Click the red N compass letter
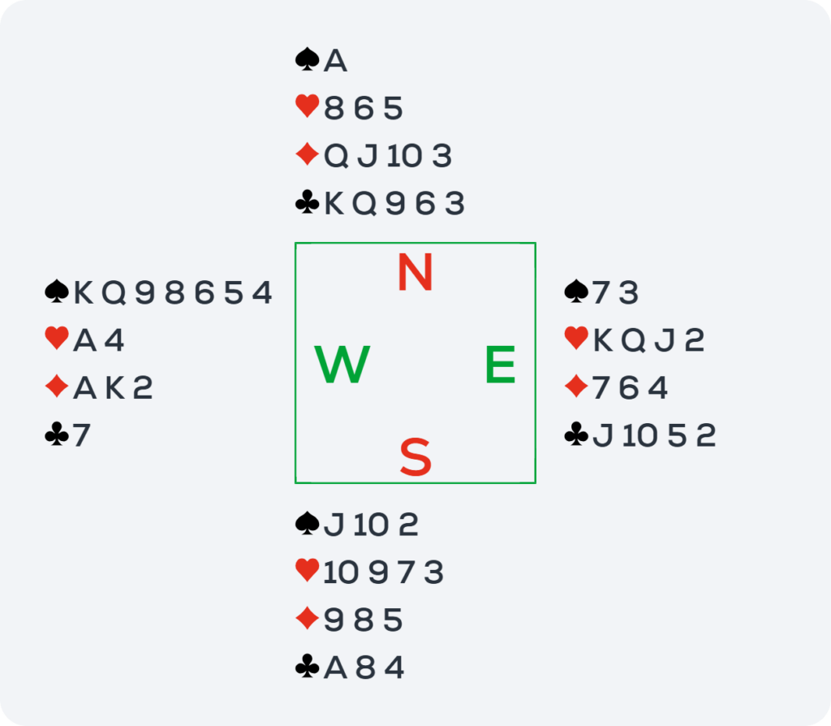(415, 272)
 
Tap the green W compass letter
(342, 364)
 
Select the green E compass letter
(500, 364)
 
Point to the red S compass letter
(415, 456)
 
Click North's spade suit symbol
(308, 59)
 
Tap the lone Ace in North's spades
(335, 60)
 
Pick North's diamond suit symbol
(308, 154)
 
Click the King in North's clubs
(334, 203)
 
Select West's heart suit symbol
(57, 339)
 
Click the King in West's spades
(84, 292)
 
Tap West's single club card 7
(82, 435)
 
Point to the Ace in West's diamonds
(84, 387)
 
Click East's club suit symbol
(577, 434)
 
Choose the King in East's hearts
(603, 340)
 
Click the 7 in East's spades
(601, 292)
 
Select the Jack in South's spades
(334, 525)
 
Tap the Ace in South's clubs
(335, 668)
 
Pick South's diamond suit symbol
(308, 619)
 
